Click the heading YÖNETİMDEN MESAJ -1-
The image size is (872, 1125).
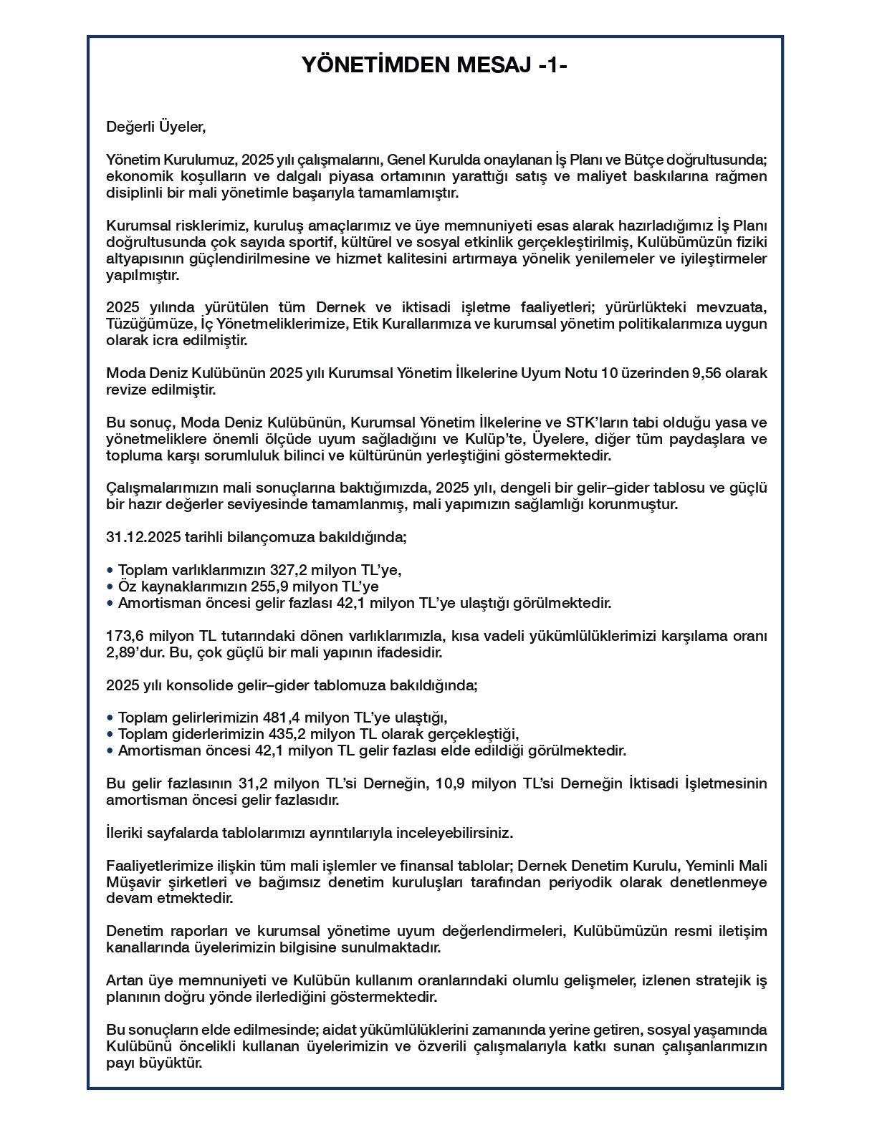coord(435,65)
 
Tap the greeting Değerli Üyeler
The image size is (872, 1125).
coord(155,127)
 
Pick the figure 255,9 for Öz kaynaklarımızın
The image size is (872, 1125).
coord(260,587)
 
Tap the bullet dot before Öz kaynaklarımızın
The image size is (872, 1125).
coord(110,587)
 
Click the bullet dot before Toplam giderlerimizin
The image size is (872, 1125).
coord(110,735)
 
